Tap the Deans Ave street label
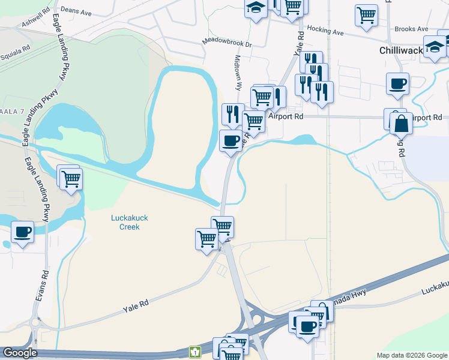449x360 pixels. coord(75,10)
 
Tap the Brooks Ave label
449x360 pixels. coord(411,29)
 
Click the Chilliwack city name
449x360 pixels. coord(402,50)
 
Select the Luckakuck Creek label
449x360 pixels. coord(125,223)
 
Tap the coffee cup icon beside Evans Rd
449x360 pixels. coord(23,232)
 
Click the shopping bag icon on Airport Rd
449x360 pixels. coord(400,124)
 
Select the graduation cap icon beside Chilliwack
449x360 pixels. coord(434,47)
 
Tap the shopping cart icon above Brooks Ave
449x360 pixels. coord(366,14)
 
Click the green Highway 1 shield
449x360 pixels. coord(194,352)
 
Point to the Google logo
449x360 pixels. coord(20,353)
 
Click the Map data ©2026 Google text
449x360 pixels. coord(411,355)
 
